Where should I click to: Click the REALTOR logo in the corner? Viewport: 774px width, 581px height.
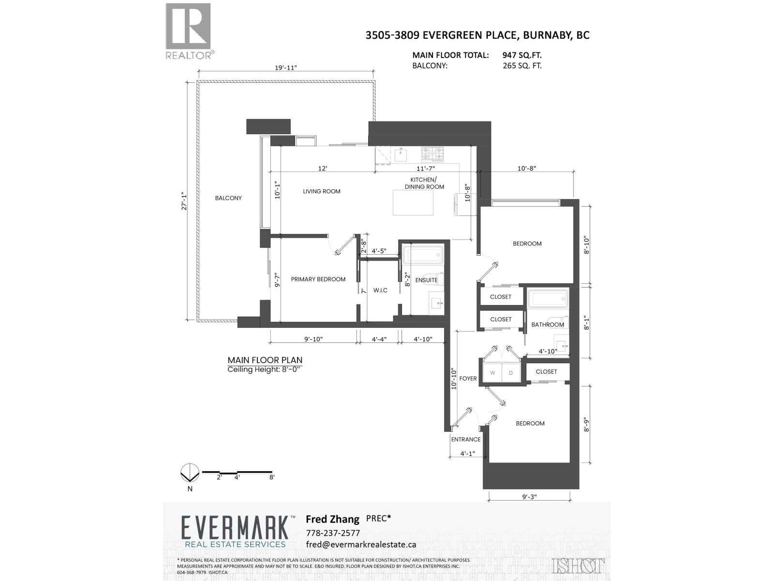(x=189, y=31)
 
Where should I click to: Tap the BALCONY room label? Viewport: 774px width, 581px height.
(x=228, y=198)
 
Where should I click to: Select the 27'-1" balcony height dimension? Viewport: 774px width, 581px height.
(x=183, y=201)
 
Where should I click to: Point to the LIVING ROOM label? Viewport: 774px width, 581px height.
(x=322, y=191)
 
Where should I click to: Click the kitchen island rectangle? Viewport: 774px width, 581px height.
(x=413, y=202)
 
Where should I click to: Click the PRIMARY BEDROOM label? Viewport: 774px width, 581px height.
(x=318, y=279)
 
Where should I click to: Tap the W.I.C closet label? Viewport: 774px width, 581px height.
(x=380, y=290)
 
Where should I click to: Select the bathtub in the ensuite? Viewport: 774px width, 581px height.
(x=423, y=256)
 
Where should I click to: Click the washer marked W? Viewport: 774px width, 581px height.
(x=492, y=373)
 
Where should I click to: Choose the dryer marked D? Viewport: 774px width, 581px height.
(x=511, y=373)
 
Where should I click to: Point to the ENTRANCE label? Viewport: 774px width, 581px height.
(x=465, y=440)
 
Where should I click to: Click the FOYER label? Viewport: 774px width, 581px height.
(x=468, y=379)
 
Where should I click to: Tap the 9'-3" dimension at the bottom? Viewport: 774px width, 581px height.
(x=529, y=497)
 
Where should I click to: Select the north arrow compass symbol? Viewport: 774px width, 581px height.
(x=190, y=473)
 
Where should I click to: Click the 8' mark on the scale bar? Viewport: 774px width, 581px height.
(x=272, y=477)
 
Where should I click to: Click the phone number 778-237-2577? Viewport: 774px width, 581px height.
(x=333, y=533)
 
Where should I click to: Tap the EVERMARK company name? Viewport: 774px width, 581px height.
(x=236, y=528)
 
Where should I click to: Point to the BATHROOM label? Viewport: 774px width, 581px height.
(x=547, y=325)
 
